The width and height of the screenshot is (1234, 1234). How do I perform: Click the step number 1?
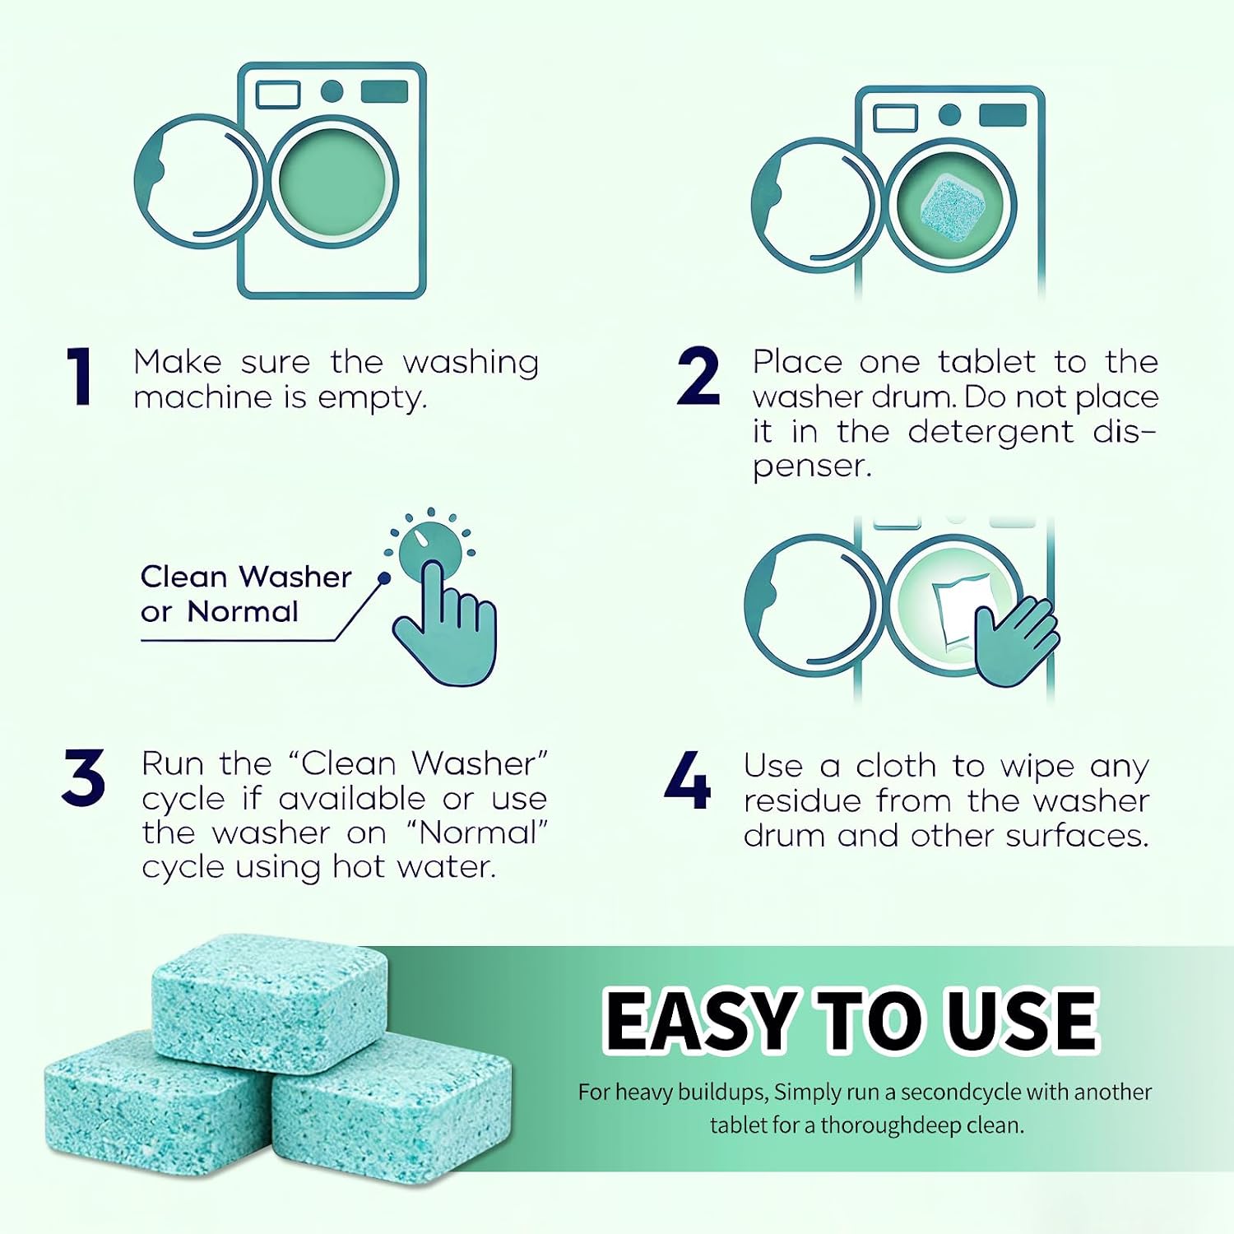point(79,377)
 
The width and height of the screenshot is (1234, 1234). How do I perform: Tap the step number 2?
point(698,377)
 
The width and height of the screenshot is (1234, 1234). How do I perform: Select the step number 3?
point(83,777)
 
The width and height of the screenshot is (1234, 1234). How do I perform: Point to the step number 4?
point(688,780)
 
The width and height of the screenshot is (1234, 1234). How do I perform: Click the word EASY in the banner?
point(701,1020)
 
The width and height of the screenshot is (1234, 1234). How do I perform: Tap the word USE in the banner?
point(1022,1020)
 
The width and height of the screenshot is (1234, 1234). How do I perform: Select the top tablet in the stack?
point(270,1002)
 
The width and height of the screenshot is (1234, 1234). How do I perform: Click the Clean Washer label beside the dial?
point(246,577)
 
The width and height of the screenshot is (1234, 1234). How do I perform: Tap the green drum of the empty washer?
point(332,180)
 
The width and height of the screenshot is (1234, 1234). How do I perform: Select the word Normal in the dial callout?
point(243,611)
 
